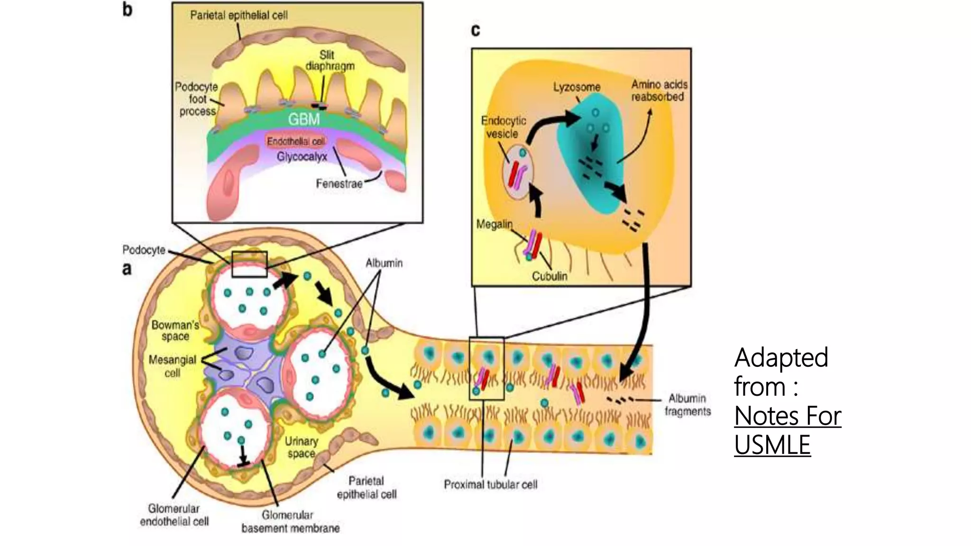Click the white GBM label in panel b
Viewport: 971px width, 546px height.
[x=304, y=118]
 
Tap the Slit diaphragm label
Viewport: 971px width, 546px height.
[x=330, y=61]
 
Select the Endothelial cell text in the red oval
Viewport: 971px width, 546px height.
[x=296, y=141]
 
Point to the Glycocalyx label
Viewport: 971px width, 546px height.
[x=302, y=156]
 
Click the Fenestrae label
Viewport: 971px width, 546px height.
[x=339, y=184]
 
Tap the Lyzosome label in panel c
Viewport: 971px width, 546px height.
[x=577, y=87]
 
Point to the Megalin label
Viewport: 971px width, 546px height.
[x=494, y=224]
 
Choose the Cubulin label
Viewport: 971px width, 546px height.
[x=549, y=276]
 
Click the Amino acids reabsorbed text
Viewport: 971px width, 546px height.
[x=659, y=91]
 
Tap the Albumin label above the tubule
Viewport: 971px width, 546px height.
[x=384, y=263]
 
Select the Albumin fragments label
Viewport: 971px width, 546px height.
[x=687, y=405]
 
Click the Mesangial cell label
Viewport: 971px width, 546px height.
[x=173, y=366]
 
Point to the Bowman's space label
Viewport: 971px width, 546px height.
[x=175, y=330]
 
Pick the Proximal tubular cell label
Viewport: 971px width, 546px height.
[x=490, y=484]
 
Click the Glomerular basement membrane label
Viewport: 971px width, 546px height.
[x=290, y=521]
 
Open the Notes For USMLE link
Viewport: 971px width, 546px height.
[x=787, y=430]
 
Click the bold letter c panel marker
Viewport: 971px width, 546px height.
[x=476, y=30]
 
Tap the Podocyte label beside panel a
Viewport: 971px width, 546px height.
[x=144, y=250]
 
